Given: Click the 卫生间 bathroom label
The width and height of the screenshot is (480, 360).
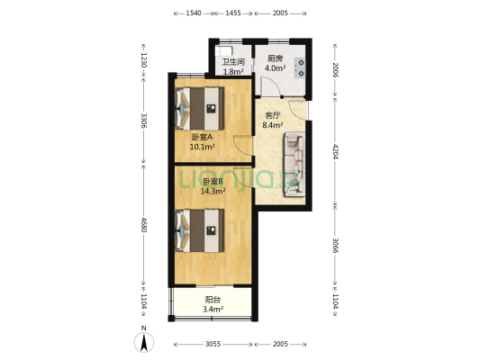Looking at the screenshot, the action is [233, 62].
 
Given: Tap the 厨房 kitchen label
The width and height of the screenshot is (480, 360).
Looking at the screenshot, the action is [275, 58].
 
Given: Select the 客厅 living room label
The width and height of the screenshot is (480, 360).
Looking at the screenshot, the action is [272, 115].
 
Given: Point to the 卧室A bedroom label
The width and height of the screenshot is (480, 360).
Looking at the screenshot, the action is [202, 137].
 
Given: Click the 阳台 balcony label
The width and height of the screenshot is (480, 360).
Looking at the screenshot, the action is [213, 300].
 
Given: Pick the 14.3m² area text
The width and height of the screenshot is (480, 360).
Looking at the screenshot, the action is [213, 192].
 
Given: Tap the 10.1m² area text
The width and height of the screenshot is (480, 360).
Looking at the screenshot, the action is [202, 147].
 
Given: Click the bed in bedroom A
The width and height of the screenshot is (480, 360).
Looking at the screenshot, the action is [200, 109].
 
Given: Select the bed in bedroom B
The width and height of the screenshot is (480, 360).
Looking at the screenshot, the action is [200, 230].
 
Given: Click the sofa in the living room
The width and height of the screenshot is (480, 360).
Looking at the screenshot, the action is [294, 164].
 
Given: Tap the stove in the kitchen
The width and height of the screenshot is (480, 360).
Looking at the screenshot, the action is [300, 67].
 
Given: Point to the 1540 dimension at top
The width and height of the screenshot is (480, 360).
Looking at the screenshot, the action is [194, 13].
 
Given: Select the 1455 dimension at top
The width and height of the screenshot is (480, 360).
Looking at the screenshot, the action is [233, 13].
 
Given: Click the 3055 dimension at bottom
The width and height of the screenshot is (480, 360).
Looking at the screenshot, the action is [213, 345].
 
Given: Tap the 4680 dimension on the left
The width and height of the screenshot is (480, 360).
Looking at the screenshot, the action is [143, 224].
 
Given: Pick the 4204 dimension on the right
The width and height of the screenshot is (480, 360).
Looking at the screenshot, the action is [335, 151].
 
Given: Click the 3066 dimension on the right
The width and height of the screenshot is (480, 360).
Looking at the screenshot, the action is [335, 246].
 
